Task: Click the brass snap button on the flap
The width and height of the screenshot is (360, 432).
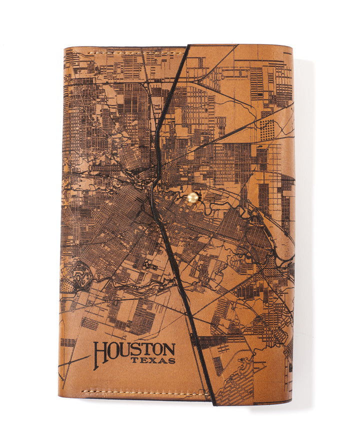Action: point(192,198)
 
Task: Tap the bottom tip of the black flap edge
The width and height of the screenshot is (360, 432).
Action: point(213,403)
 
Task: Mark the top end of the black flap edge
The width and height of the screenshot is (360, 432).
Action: point(189,46)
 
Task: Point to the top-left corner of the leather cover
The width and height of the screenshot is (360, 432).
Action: point(65,48)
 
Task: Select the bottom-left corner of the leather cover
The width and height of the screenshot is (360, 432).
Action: point(59,396)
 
